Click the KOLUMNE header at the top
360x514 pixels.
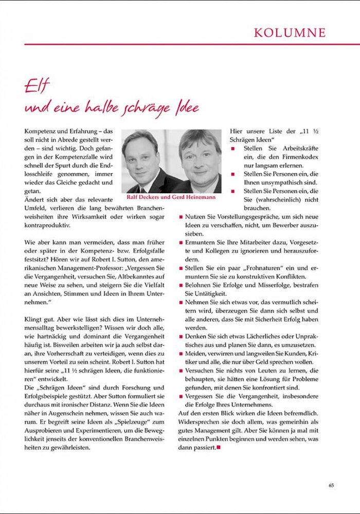(x=290, y=32)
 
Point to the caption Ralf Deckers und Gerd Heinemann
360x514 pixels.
(x=171, y=197)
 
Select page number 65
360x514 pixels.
(x=331, y=485)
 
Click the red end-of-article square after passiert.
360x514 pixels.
(x=218, y=448)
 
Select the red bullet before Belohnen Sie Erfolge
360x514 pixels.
(x=181, y=285)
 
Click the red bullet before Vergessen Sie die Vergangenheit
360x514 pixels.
(x=181, y=396)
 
